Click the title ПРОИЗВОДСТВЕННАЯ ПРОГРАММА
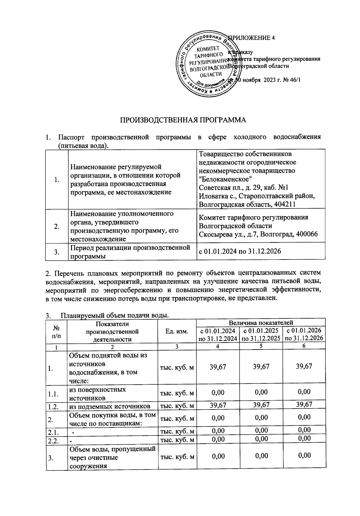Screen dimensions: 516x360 tap(183, 120)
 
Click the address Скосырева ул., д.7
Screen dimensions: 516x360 tap(229, 234)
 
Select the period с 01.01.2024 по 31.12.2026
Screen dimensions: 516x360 tap(240, 251)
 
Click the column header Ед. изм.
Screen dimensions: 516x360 tap(177, 331)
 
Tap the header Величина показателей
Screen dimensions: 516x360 tap(261, 323)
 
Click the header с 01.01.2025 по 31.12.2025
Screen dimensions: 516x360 tap(261, 334)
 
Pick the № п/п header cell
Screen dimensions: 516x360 tap(56, 331)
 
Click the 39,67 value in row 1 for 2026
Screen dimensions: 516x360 tap(304, 366)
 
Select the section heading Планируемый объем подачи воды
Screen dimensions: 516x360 tap(115, 316)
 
